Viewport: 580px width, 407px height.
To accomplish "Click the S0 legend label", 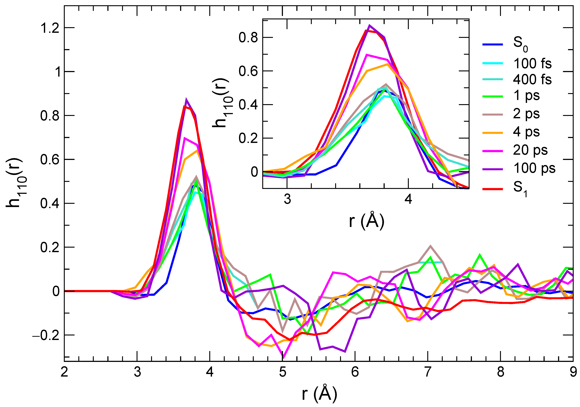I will [520, 44].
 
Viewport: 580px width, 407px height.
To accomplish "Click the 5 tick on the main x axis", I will [282, 372].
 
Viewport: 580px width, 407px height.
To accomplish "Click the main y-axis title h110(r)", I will [15, 183].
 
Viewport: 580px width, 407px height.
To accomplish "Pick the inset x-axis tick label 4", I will [408, 199].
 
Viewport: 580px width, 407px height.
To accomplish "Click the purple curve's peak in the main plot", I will [186, 100].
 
